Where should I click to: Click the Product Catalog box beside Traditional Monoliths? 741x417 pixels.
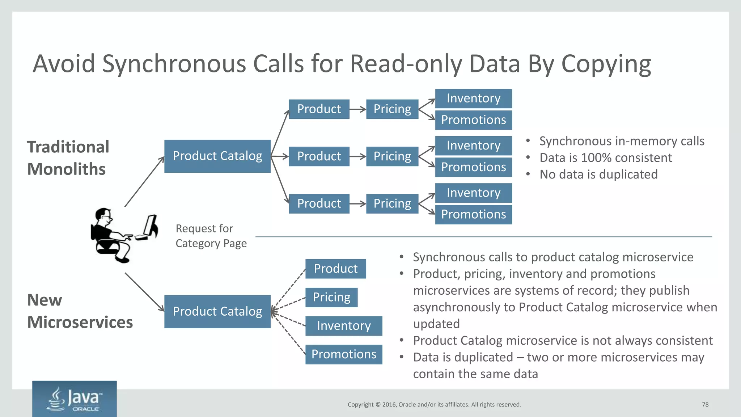[x=217, y=156]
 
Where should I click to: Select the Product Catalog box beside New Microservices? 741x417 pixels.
[x=217, y=312]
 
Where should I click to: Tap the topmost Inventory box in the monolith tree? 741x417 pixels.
[x=473, y=98]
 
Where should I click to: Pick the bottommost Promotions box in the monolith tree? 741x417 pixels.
[x=473, y=214]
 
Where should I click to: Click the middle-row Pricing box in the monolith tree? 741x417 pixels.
[x=392, y=156]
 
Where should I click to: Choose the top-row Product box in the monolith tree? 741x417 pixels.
[x=319, y=109]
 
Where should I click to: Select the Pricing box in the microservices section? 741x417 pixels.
[x=331, y=297]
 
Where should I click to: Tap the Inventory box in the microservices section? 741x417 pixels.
[x=343, y=326]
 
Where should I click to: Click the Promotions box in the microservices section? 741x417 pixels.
[x=343, y=354]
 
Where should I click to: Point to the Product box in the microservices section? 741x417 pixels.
[x=335, y=269]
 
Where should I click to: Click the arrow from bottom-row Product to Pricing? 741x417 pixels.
[x=357, y=204]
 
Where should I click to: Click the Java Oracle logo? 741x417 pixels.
[x=74, y=399]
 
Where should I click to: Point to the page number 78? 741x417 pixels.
[x=705, y=405]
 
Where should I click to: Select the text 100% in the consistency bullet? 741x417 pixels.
[x=596, y=158]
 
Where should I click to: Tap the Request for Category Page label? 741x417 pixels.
[x=211, y=236]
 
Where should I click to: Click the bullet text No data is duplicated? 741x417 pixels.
[x=598, y=174]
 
